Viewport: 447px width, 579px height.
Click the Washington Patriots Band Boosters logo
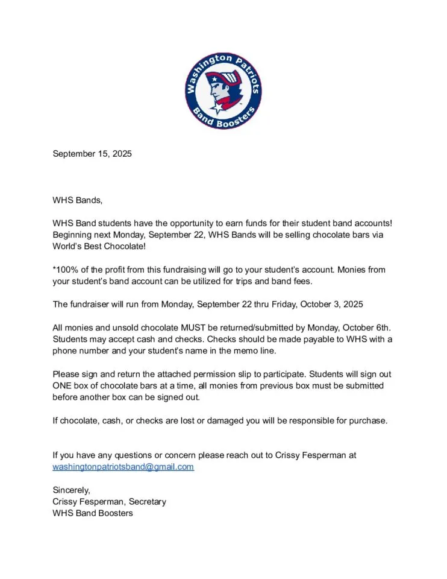[223, 91]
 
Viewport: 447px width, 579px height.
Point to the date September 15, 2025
[92, 154]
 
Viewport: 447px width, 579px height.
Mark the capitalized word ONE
[62, 385]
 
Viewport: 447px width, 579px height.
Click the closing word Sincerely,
[71, 490]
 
